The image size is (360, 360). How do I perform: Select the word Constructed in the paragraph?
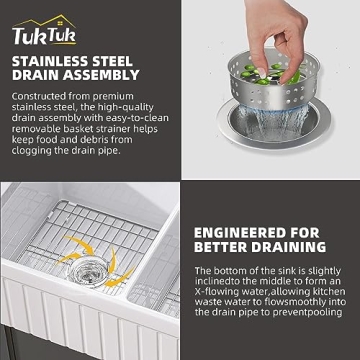click(x=40, y=96)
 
